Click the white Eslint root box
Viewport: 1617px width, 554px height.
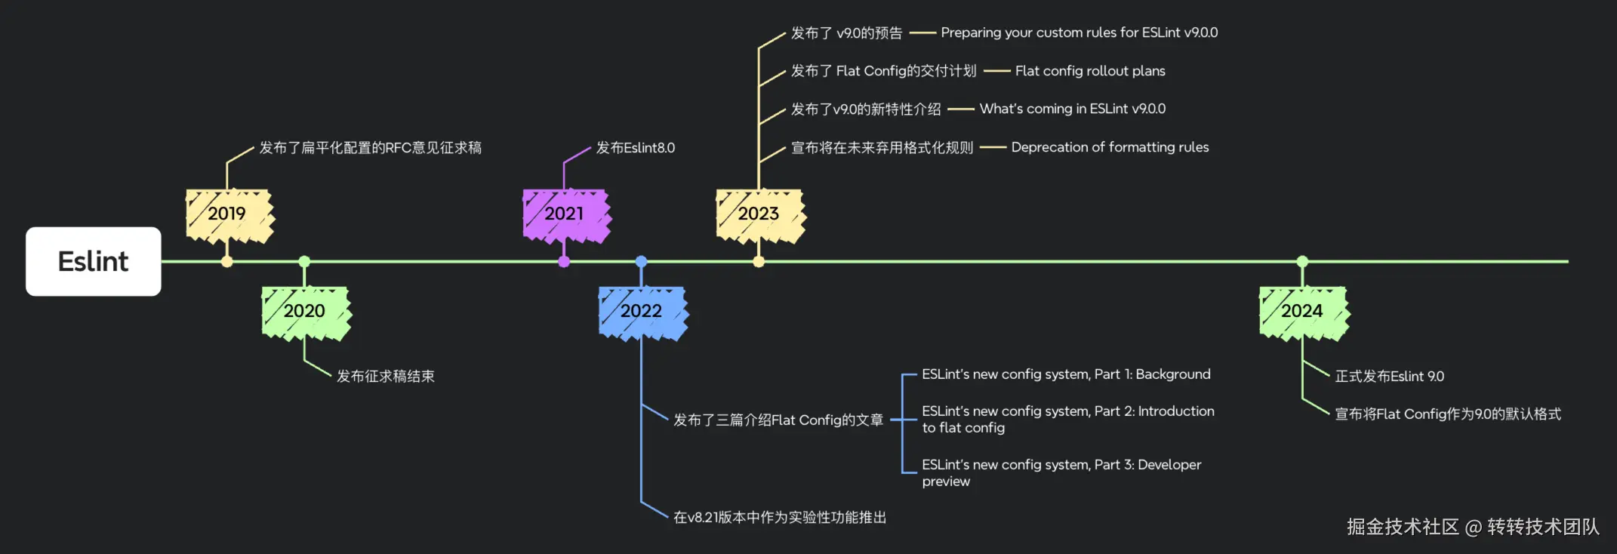[x=93, y=261]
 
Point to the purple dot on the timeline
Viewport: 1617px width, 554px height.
[x=564, y=262]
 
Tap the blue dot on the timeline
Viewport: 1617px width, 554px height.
[x=641, y=262]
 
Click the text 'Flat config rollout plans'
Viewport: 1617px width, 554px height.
[x=1090, y=71]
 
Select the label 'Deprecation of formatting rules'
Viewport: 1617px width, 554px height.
[x=1110, y=147]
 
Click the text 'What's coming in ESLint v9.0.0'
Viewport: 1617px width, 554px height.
[x=1072, y=109]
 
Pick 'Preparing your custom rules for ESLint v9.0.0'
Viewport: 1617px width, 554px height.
[x=1079, y=32]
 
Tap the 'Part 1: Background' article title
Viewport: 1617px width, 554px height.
[x=1066, y=374]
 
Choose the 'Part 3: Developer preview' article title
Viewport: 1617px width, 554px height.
[x=1061, y=472]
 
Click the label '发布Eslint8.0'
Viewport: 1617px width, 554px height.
[x=636, y=148]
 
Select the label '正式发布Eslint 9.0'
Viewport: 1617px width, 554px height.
[x=1389, y=376]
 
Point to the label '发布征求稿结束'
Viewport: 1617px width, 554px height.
[x=385, y=376]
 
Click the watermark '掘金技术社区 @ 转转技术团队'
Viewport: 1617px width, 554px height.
[x=1473, y=526]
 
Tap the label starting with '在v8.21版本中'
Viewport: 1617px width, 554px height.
[x=779, y=517]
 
